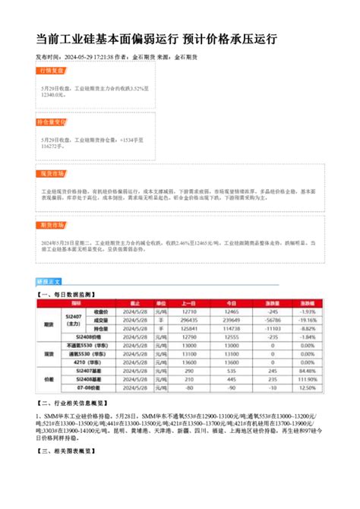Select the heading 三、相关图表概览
pyautogui.click(x=67, y=451)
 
